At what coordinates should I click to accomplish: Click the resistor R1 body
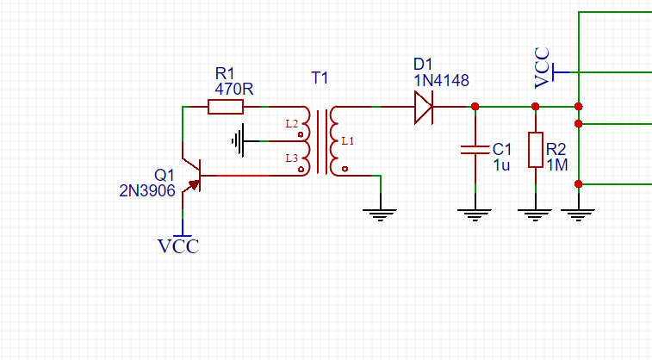pos(226,107)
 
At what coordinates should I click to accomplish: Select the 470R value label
pos(234,89)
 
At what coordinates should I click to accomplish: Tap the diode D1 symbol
pos(424,107)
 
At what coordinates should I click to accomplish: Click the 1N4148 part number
pos(441,80)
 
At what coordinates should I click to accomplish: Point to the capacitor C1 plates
pos(475,150)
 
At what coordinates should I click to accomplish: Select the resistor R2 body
pos(536,150)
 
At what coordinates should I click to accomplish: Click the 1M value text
pos(557,165)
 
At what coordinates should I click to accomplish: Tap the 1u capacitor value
pos(501,165)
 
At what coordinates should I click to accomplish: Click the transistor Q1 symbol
pos(191,176)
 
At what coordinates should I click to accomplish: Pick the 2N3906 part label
pos(147,191)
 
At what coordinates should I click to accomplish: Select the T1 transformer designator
pos(320,78)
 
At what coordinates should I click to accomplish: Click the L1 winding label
pos(348,141)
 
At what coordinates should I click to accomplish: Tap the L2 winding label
pos(291,124)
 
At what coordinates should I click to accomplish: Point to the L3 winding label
pos(291,158)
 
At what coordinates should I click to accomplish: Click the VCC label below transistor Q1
pos(178,246)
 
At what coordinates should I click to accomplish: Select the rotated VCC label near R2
pos(542,68)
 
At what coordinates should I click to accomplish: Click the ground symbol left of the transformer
pos(238,141)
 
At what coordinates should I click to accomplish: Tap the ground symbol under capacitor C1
pos(475,215)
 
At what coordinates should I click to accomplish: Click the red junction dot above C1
pos(475,107)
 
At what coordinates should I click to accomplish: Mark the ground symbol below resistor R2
pos(535,215)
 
